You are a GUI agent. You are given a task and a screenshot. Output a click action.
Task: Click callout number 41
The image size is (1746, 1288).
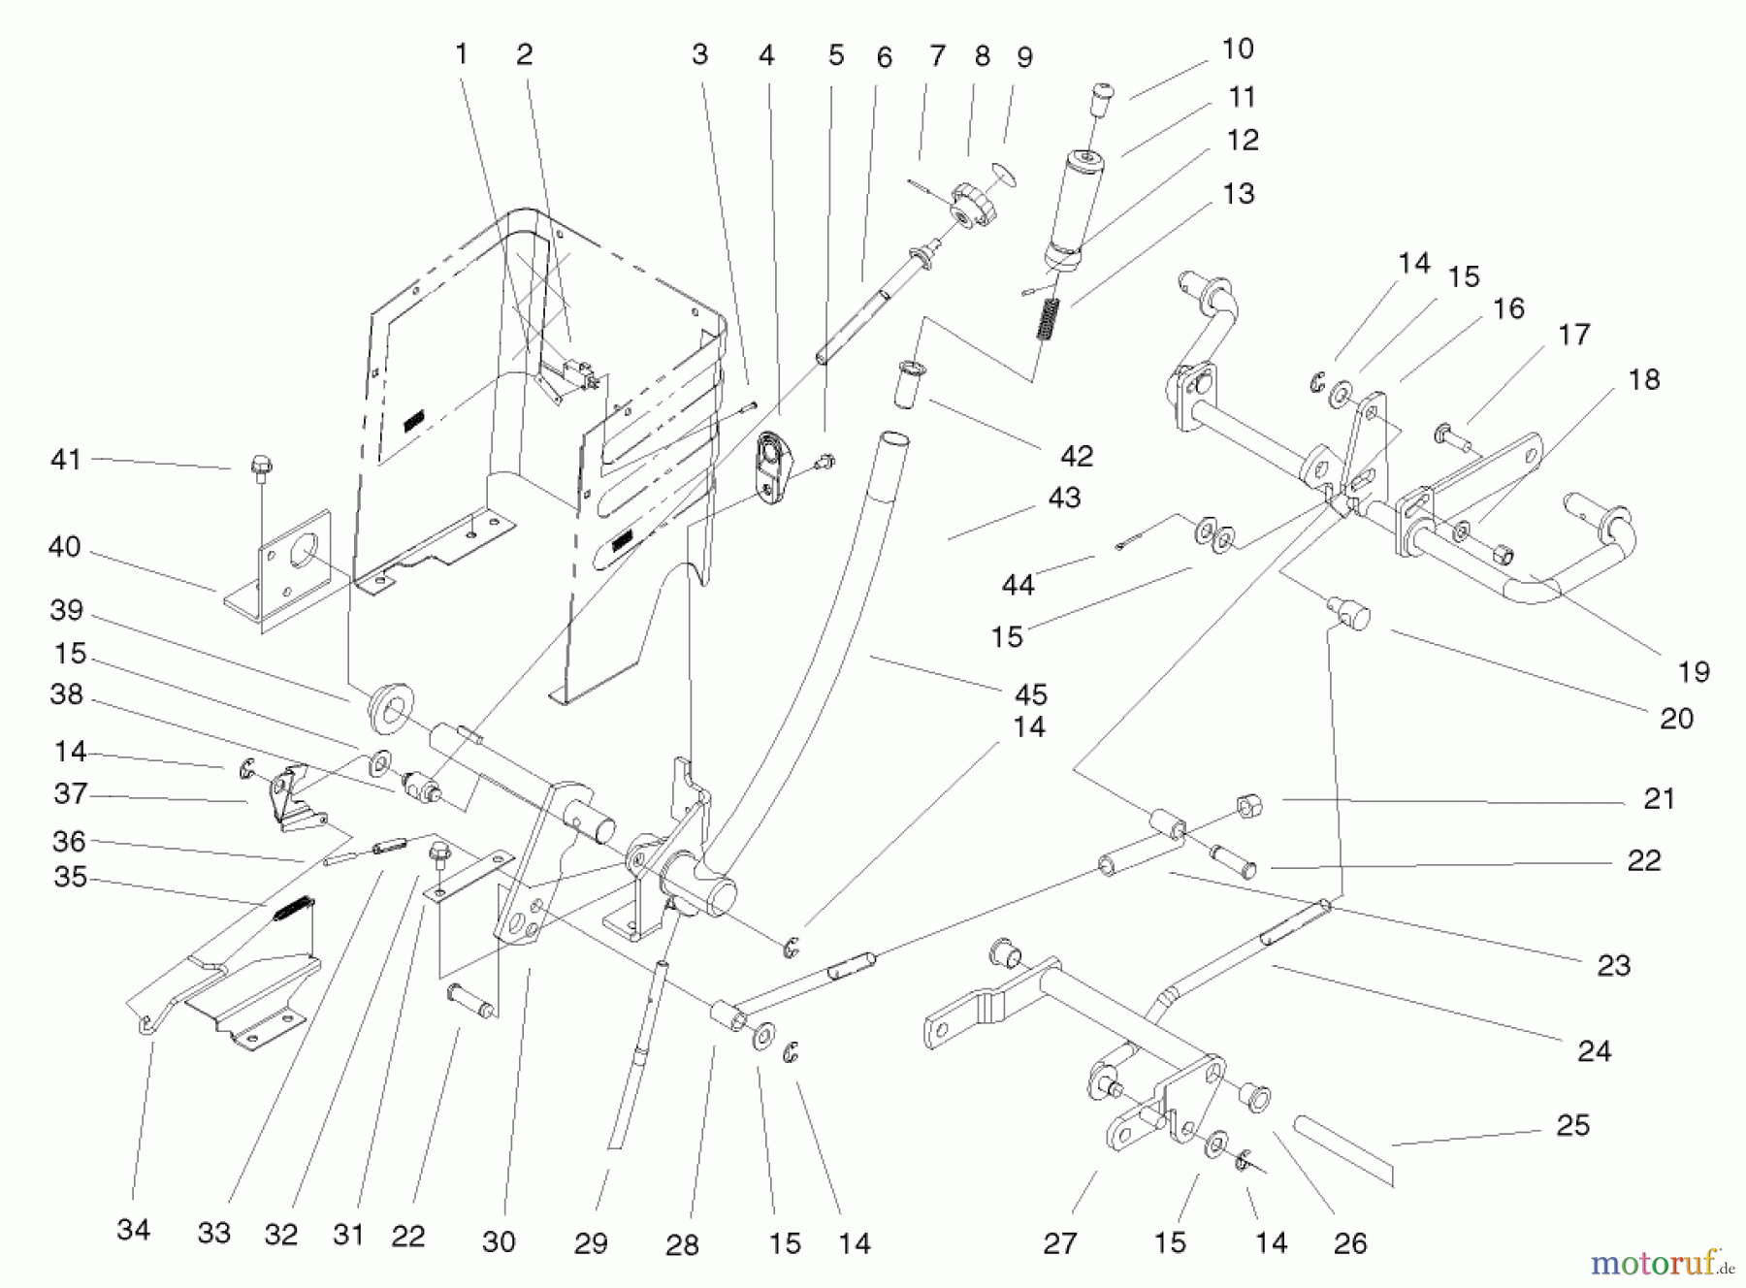65,459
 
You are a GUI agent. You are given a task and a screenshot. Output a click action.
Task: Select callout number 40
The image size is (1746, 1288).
64,547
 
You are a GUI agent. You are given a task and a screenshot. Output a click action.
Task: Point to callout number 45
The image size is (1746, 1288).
1030,694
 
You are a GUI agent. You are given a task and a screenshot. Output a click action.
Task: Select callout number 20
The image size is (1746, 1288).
1675,718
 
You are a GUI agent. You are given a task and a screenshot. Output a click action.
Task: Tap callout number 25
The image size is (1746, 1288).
1572,1125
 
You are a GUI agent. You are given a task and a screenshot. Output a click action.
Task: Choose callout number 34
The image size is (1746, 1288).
133,1230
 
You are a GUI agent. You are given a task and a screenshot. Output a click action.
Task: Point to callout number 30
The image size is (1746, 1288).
499,1241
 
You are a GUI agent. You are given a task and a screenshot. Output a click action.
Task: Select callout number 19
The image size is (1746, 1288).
1693,671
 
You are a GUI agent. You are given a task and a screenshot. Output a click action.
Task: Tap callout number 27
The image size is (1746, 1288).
1059,1243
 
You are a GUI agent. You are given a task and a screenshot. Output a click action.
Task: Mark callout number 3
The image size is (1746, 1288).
699,54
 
